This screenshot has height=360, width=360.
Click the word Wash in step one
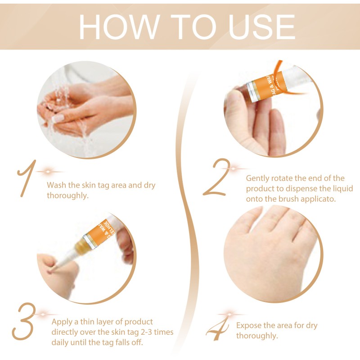click(x=57, y=185)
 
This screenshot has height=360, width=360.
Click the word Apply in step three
click(x=62, y=322)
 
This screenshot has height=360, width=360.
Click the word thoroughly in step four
click(x=256, y=336)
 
